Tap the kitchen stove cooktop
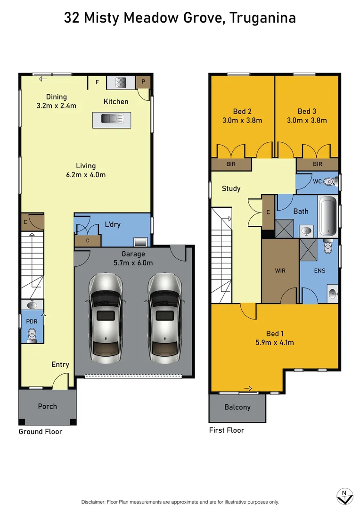(x=121, y=82)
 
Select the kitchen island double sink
(x=112, y=118)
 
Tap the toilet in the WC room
(x=330, y=181)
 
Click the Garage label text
(x=133, y=254)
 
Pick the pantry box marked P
(x=143, y=82)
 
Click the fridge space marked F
(x=98, y=82)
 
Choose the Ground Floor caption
(x=41, y=432)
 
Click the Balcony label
(x=237, y=407)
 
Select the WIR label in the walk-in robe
(x=280, y=271)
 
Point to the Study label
(x=231, y=189)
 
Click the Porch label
(x=47, y=406)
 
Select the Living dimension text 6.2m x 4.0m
(x=86, y=174)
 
